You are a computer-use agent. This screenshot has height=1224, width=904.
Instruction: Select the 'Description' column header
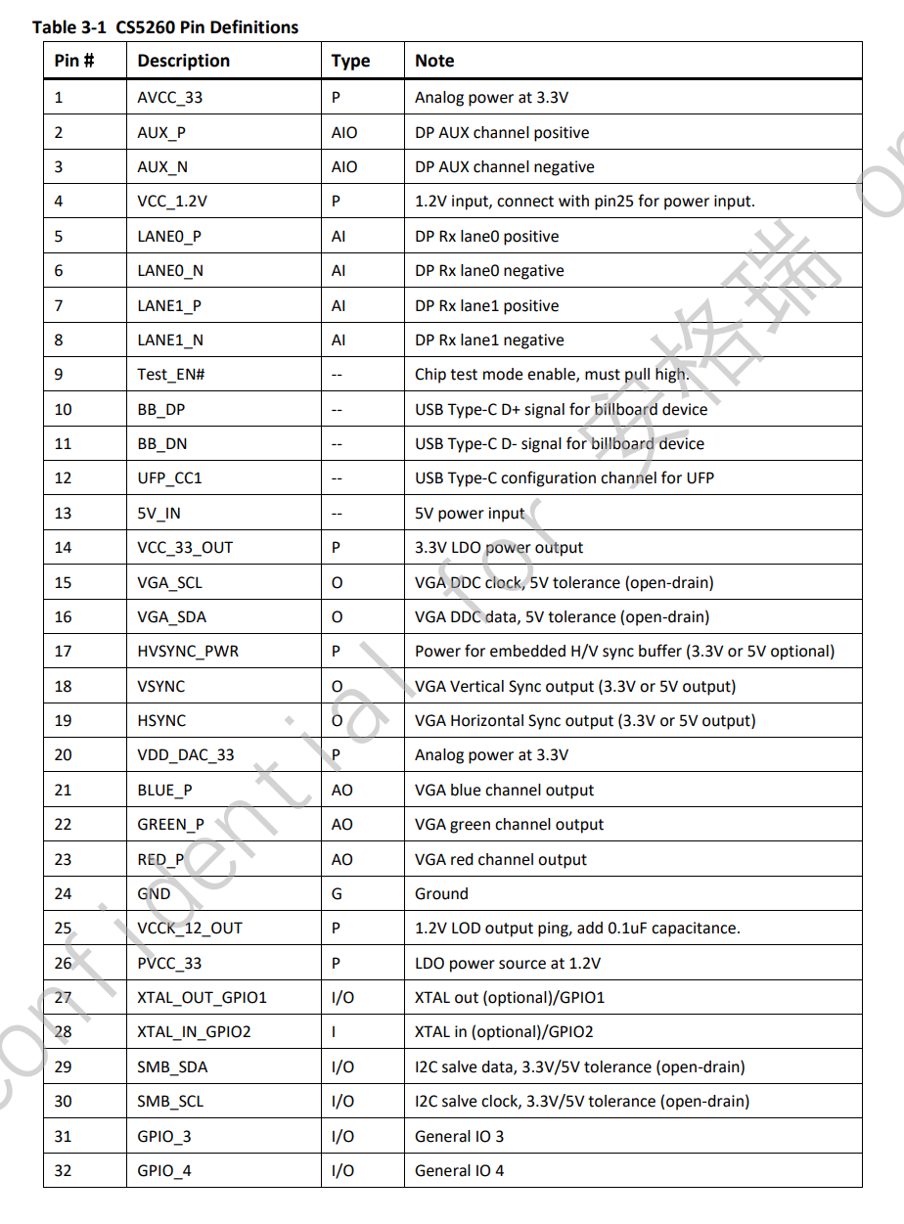pos(183,61)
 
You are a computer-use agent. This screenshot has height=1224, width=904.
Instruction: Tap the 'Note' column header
pos(434,61)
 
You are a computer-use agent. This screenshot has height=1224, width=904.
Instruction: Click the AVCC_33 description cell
pos(170,98)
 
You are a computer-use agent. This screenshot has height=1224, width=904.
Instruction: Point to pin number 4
pos(59,202)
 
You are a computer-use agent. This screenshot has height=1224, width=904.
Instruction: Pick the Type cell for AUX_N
pos(344,167)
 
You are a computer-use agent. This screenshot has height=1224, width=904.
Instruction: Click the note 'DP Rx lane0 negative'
pos(489,271)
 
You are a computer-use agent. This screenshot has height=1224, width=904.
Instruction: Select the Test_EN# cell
pos(170,375)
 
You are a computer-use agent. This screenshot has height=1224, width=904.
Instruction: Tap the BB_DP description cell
pos(161,409)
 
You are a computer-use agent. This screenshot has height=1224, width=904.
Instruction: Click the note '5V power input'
pos(470,513)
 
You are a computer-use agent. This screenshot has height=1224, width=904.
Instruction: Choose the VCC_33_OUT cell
pos(185,548)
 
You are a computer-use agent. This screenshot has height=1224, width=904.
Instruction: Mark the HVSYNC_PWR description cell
pos(188,652)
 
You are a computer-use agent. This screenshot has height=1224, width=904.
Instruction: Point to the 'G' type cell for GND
pos(337,894)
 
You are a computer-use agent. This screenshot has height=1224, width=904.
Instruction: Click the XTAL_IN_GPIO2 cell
pos(194,1032)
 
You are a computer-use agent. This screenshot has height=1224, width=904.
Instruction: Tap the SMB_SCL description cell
pos(170,1102)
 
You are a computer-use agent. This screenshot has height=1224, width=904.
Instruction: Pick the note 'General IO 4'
pos(459,1171)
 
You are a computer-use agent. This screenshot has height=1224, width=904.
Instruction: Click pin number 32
pos(63,1171)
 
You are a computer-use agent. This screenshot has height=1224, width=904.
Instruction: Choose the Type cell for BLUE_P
pos(342,791)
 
